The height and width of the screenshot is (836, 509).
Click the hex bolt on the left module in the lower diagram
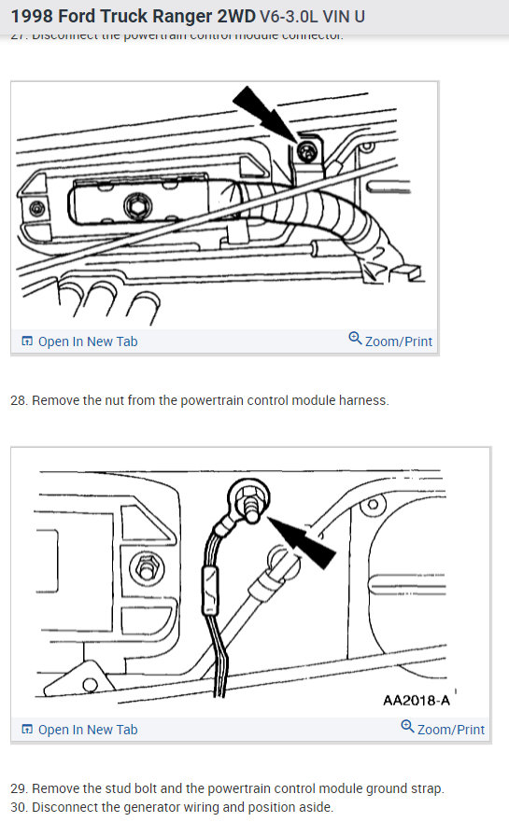click(x=144, y=566)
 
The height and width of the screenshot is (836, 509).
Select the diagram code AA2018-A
click(x=416, y=700)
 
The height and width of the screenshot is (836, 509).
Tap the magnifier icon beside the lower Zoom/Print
click(x=407, y=727)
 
